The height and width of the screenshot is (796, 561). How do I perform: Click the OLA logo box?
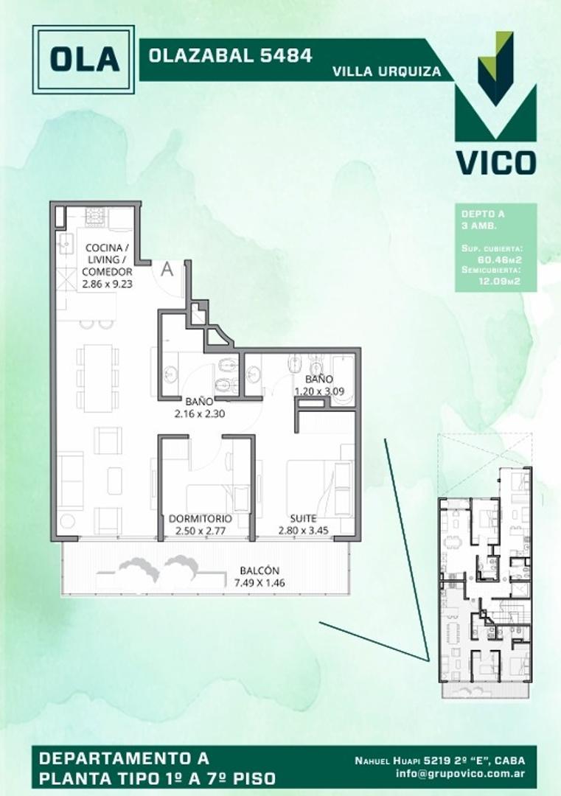point(83,60)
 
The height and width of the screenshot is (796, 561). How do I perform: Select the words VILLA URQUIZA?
point(387,71)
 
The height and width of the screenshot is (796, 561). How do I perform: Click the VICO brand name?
point(495,161)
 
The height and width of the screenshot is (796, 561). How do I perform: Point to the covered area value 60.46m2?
point(501,259)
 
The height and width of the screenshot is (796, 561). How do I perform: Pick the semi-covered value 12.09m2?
point(501,280)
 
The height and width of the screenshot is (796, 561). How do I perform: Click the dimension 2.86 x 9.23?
point(108,284)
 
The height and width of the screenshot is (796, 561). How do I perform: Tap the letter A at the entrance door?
point(167,270)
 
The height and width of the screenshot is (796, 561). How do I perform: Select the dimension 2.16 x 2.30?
point(199,413)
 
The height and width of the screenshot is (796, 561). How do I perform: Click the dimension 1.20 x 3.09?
point(318,391)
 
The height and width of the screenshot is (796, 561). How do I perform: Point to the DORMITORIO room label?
point(200,518)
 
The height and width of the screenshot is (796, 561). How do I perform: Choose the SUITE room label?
point(303,518)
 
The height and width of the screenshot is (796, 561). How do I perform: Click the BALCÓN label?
point(259,570)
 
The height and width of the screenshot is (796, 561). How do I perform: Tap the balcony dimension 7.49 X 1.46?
point(259,583)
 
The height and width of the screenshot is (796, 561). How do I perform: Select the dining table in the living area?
point(97,377)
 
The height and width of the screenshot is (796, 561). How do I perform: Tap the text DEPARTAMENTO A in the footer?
point(123,758)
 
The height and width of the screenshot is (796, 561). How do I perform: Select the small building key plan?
point(484,582)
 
